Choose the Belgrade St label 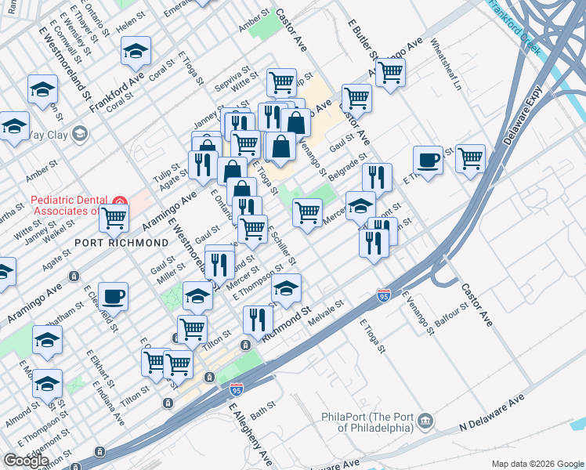point(347,167)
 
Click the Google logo point(26,460)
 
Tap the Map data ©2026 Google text point(537,464)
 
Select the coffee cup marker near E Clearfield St point(113,296)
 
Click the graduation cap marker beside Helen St point(136,51)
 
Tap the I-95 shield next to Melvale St point(383,295)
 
